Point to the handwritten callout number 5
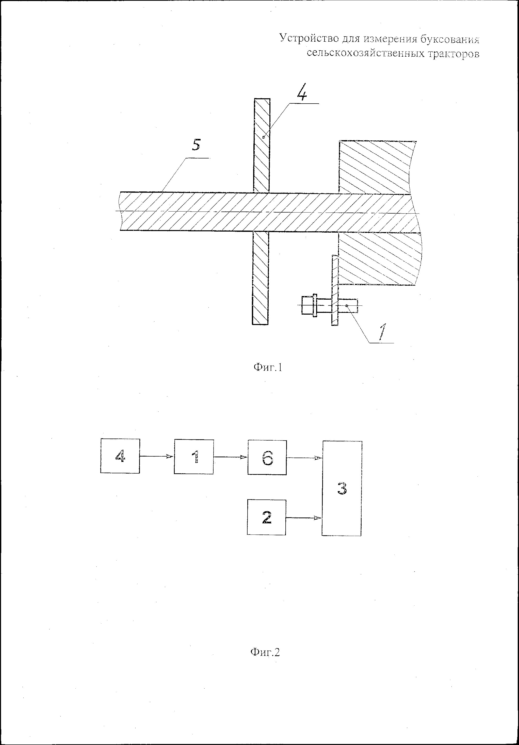click(196, 145)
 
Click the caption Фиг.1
click(268, 367)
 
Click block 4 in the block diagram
click(120, 456)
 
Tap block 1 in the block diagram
click(194, 457)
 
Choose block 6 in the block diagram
click(267, 458)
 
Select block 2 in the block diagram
click(266, 517)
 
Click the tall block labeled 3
click(342, 488)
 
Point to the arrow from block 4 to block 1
click(157, 456)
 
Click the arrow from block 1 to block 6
click(230, 457)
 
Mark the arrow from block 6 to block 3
click(304, 458)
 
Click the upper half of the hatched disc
click(262, 145)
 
